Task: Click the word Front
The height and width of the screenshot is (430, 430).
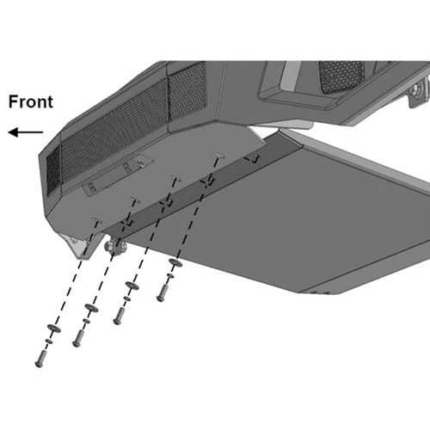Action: coord(31,101)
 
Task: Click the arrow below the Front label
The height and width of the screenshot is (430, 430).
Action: coord(26,132)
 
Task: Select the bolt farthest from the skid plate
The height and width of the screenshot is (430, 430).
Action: coord(40,359)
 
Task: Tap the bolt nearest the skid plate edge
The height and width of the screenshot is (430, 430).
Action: coord(162,293)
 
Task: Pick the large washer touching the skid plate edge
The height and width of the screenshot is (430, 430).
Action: coord(175,262)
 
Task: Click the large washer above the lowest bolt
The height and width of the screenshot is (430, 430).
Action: coord(54,329)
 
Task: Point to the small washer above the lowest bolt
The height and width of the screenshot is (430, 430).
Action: coord(49,341)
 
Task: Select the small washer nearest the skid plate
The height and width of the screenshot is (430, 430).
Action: coord(170,276)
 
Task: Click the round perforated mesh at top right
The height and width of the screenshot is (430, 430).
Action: coord(341,76)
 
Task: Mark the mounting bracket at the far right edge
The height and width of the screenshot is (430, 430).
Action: coord(419,92)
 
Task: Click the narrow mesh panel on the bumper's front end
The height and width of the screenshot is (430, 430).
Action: coord(53,169)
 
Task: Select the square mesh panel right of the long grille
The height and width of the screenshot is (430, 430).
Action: coord(187,89)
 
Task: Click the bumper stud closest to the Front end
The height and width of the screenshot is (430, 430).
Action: coord(96,220)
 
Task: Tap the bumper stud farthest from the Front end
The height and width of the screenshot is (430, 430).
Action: coord(219,156)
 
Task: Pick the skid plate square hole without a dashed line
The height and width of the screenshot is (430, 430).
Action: coord(252,158)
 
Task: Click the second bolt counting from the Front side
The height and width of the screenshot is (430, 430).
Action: coord(78,338)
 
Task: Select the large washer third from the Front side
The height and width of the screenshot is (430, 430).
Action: coord(132,286)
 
